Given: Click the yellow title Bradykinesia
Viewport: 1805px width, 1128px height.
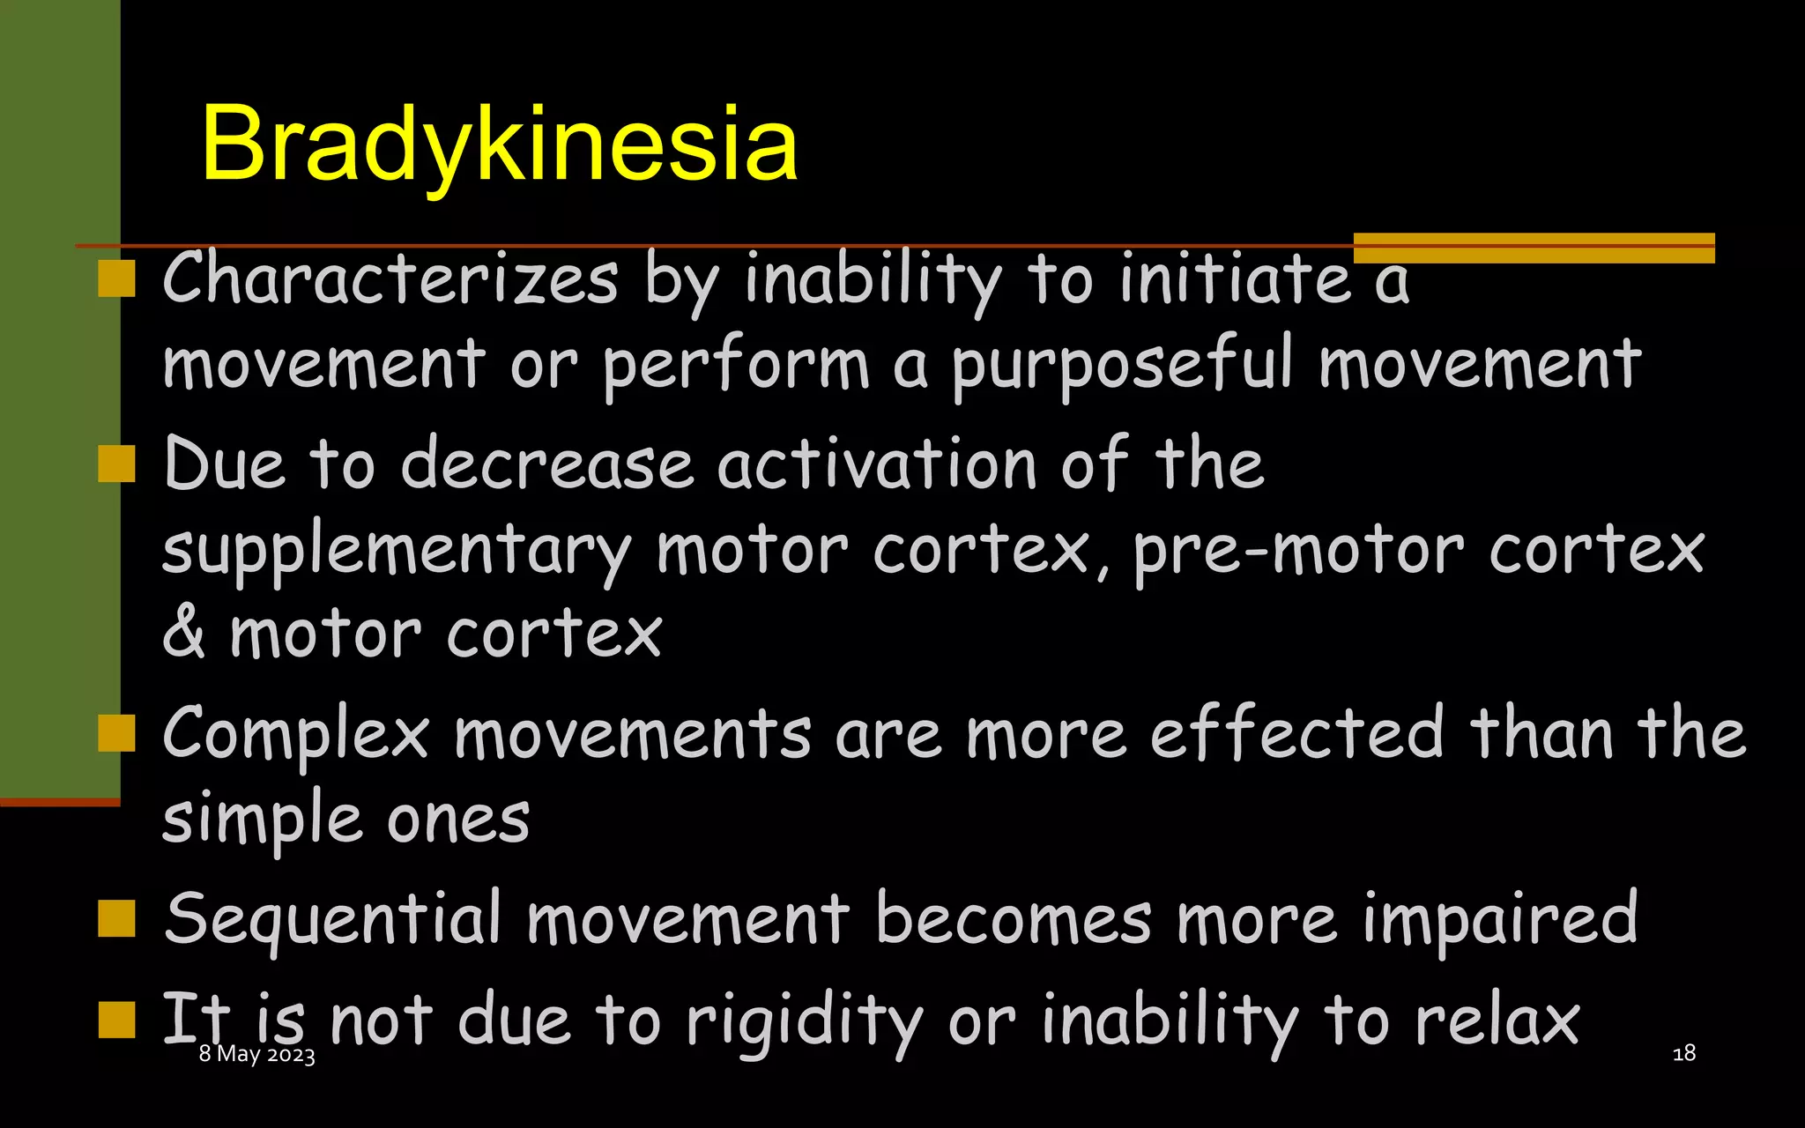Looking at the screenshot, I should pos(499,144).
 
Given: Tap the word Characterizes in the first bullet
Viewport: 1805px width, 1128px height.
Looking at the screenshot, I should pos(390,279).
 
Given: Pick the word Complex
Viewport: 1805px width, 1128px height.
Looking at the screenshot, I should pos(296,735).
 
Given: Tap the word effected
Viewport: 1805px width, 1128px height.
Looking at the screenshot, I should pos(1296,733).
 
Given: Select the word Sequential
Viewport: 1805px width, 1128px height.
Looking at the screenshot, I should pos(333,919).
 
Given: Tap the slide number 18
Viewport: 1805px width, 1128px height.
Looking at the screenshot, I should pos(1683,1053).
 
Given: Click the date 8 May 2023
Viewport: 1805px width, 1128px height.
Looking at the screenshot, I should pos(256,1054).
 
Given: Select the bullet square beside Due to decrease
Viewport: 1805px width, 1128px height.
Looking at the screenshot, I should pos(116,464).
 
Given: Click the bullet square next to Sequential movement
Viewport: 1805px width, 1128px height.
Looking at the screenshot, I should pos(116,918).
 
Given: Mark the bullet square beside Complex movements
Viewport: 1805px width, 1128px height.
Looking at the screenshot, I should pos(116,732).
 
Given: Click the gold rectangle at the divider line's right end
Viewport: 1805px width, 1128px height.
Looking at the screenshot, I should pos(1534,248).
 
